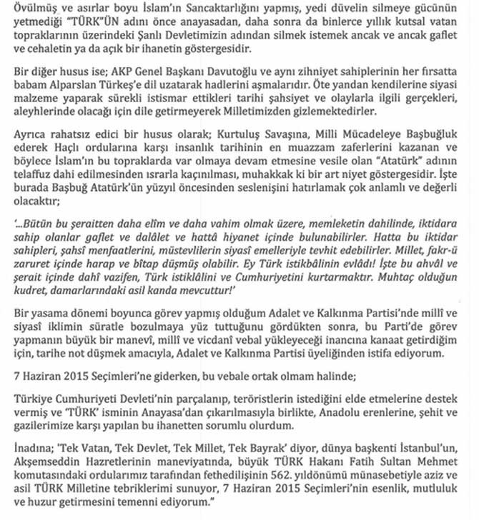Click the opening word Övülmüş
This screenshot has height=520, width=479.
pyautogui.click(x=23, y=11)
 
